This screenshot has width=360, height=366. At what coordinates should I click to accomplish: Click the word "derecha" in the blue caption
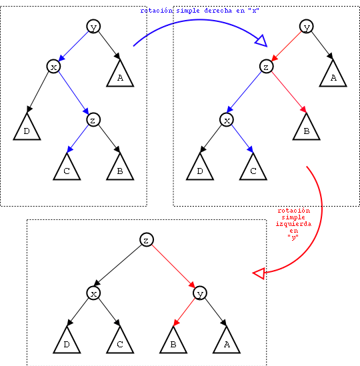point(218,11)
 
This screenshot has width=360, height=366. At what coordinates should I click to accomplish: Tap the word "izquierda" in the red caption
point(293,224)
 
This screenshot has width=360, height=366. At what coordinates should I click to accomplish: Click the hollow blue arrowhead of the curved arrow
point(261,41)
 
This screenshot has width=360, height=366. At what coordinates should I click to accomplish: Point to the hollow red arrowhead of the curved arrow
point(259,273)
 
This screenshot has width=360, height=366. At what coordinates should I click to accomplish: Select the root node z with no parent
point(147,240)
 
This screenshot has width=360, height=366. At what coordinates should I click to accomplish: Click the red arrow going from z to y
point(173,266)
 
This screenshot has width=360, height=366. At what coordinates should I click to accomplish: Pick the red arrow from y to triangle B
point(185,312)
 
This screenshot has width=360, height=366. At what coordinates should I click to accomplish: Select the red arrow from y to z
point(287,46)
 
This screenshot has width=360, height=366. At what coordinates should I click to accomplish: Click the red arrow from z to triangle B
point(289,93)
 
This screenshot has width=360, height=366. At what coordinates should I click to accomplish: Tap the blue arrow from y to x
point(73,46)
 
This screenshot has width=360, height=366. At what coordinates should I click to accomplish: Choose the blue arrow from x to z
point(73,93)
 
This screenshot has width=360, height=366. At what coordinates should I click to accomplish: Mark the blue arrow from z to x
point(244,92)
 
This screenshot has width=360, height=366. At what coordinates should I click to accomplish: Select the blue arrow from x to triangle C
point(243,139)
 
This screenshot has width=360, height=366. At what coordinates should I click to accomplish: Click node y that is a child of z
point(200,293)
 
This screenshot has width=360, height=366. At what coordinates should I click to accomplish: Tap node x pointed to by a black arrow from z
point(93,293)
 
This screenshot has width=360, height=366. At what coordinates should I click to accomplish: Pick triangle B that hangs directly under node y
point(173,342)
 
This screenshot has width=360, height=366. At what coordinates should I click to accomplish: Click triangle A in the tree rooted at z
point(227,342)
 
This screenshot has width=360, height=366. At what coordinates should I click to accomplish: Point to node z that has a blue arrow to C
point(93,120)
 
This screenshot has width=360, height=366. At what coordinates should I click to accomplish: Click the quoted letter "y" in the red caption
point(293,237)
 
